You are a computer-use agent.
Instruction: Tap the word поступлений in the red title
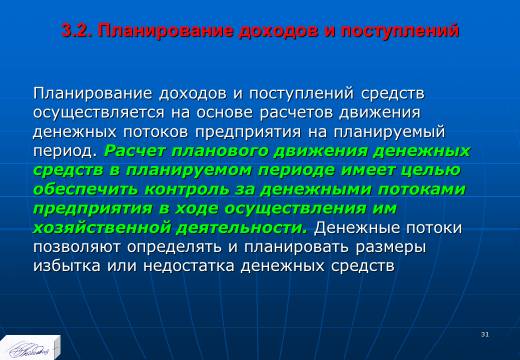click(400, 31)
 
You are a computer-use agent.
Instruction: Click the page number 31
click(485, 334)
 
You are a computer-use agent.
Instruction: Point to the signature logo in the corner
click(30, 348)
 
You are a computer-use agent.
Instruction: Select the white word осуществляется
click(99, 113)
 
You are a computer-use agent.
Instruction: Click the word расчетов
click(295, 112)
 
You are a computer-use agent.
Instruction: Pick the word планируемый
click(389, 132)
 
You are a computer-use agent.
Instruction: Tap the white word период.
click(65, 152)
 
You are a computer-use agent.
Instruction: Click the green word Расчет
click(135, 151)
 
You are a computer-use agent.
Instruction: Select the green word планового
click(220, 152)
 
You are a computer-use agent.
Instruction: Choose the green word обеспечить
click(86, 190)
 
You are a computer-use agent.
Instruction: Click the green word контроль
click(187, 190)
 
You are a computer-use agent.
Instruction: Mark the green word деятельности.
click(241, 229)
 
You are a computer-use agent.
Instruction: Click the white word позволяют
click(77, 247)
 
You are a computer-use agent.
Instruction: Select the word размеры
click(391, 248)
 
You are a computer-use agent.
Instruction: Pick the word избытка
click(67, 266)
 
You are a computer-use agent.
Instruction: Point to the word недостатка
click(189, 267)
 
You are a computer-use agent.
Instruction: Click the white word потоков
click(156, 132)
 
